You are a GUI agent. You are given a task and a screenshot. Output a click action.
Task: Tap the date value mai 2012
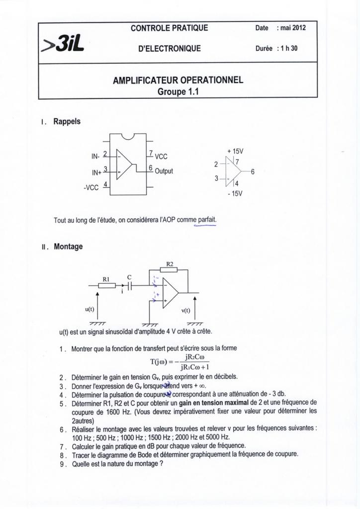pyautogui.click(x=293, y=28)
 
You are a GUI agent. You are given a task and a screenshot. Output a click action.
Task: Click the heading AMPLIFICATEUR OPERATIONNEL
pyautogui.click(x=178, y=81)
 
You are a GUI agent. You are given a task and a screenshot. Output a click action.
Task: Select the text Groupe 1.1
pyautogui.click(x=178, y=91)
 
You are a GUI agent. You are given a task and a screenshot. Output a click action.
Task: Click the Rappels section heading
pyautogui.click(x=67, y=121)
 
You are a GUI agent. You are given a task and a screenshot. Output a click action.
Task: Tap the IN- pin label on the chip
pyautogui.click(x=95, y=157)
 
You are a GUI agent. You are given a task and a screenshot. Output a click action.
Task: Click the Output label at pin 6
pyautogui.click(x=164, y=171)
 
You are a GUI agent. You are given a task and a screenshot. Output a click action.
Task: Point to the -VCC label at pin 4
pyautogui.click(x=92, y=187)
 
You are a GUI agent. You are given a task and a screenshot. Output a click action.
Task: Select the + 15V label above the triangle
pyautogui.click(x=235, y=151)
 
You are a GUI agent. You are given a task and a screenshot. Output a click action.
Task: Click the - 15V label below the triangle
pyautogui.click(x=234, y=193)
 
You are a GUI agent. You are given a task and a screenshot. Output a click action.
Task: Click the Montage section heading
pyautogui.click(x=68, y=246)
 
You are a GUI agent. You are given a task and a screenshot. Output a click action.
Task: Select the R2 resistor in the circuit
pyautogui.click(x=170, y=270)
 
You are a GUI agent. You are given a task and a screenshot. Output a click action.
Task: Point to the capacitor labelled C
pyautogui.click(x=129, y=285)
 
